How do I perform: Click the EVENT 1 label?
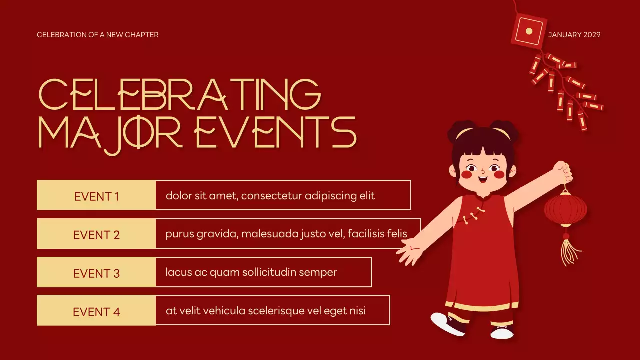tap(96, 196)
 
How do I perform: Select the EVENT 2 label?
tap(96, 235)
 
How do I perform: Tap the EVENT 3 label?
tap(96, 273)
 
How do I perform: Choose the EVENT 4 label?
tap(96, 312)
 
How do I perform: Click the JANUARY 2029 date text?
tap(574, 35)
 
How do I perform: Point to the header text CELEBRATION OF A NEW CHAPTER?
tap(98, 35)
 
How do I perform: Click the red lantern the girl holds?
tap(565, 210)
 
